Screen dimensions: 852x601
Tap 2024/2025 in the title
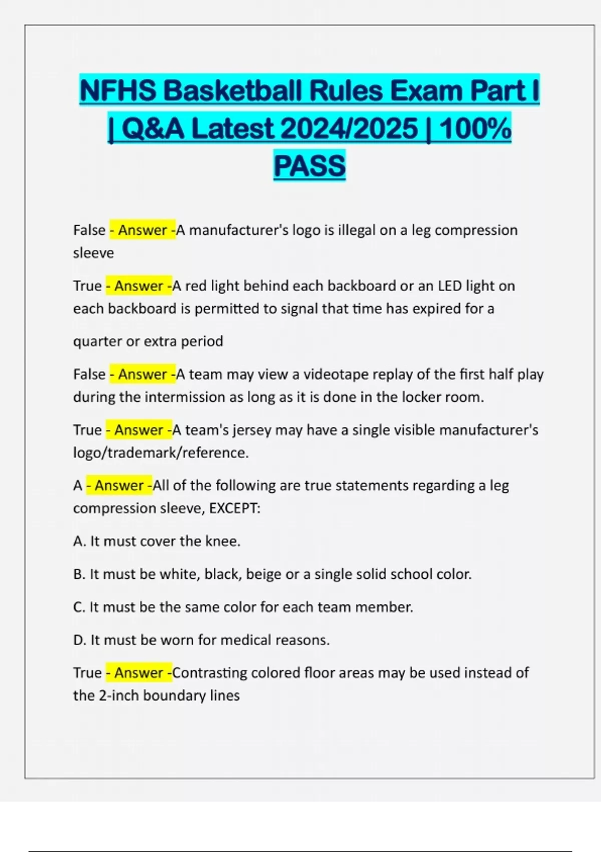click(349, 128)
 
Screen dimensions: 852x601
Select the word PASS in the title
click(310, 165)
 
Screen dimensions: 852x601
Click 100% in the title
click(475, 128)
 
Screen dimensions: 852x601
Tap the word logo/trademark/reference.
click(161, 453)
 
